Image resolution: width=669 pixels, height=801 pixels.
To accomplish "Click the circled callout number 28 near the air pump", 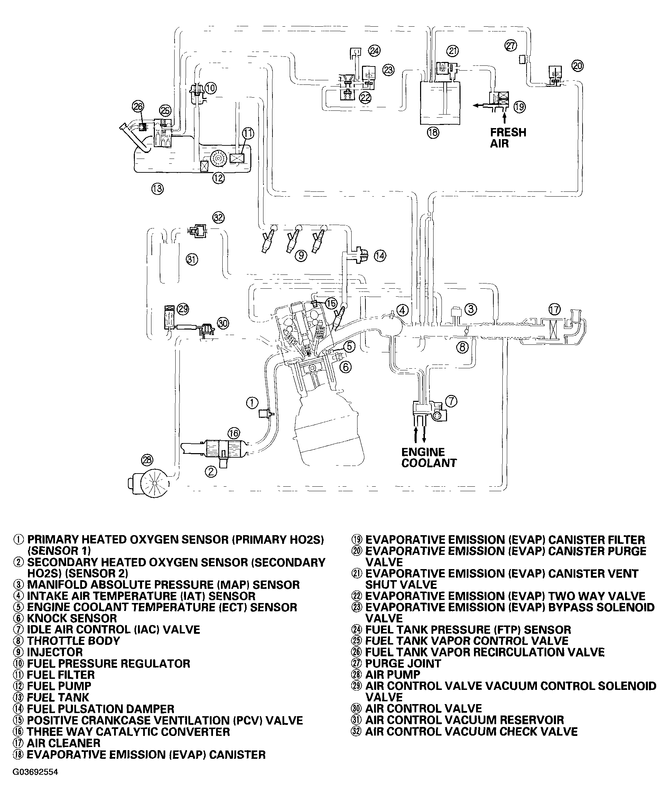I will point(147,460).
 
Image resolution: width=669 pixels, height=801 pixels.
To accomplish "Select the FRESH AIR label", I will point(508,138).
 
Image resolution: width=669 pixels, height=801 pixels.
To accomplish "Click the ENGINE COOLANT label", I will point(429,457).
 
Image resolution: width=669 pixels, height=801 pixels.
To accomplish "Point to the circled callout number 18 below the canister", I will point(433,133).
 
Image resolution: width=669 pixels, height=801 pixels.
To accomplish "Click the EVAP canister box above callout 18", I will point(440,103).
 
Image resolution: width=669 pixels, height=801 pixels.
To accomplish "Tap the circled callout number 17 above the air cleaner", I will point(555,309).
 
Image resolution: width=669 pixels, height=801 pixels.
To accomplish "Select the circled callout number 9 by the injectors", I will point(301,255).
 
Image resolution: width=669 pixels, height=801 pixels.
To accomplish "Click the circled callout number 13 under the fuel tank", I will point(157,188).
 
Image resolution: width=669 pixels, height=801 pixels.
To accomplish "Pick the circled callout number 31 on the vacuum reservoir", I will point(192,260).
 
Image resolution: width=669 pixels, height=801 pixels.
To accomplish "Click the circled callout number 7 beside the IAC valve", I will point(451,401).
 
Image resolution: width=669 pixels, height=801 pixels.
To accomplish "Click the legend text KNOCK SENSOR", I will point(72,618).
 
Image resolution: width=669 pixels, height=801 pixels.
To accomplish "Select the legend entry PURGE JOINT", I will point(403,663).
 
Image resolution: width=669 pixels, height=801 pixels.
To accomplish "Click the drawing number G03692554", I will point(35,772).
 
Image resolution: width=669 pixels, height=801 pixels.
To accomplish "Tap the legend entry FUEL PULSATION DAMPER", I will point(100,709).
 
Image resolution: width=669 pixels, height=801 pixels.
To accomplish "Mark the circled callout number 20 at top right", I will point(578,66).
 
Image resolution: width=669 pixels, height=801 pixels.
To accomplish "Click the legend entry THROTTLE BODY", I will point(73,641).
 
